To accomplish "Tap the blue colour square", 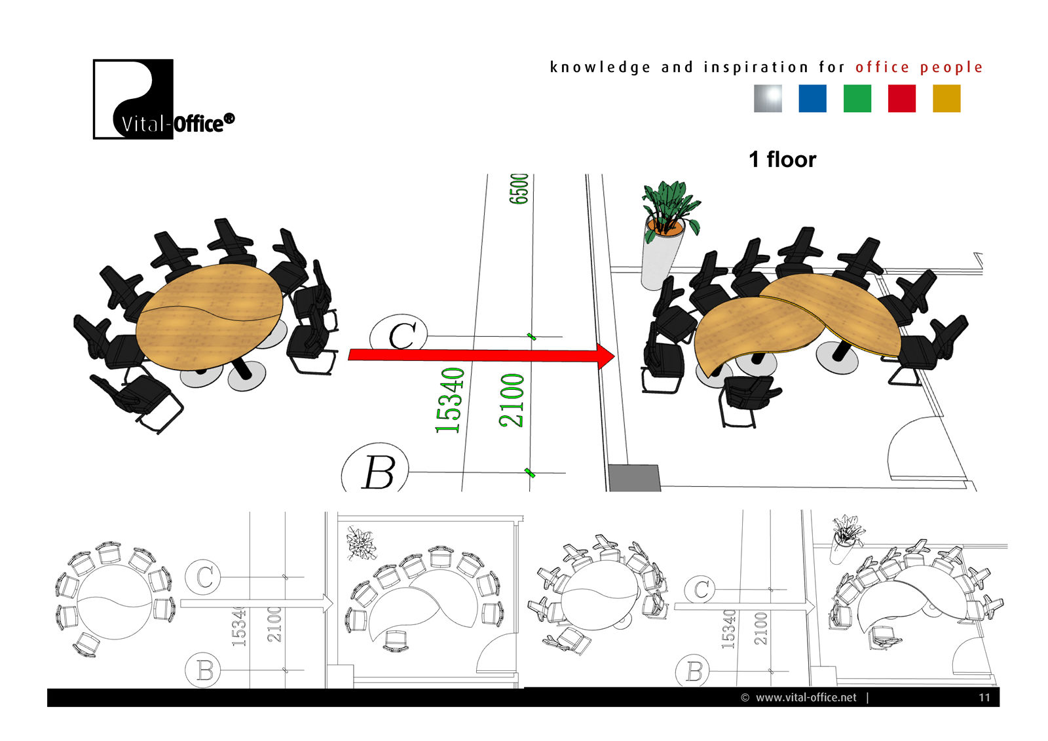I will pyautogui.click(x=812, y=99).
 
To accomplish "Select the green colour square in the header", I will pyautogui.click(x=857, y=99).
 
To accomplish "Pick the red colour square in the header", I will pyautogui.click(x=901, y=99).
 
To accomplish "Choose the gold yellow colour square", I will pyautogui.click(x=946, y=99).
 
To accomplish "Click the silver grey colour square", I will pyautogui.click(x=768, y=99).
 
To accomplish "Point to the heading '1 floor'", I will pyautogui.click(x=782, y=159).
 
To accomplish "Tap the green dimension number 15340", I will pyautogui.click(x=450, y=400).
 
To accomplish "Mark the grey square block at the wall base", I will pyautogui.click(x=634, y=478).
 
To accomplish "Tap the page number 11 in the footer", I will pyautogui.click(x=984, y=697).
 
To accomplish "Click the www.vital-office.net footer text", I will pyautogui.click(x=805, y=697).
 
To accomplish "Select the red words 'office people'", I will pyautogui.click(x=918, y=67).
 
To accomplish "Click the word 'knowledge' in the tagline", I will pyautogui.click(x=600, y=67).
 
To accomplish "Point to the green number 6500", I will pyautogui.click(x=519, y=189).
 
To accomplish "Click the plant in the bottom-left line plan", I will pyautogui.click(x=361, y=542).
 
